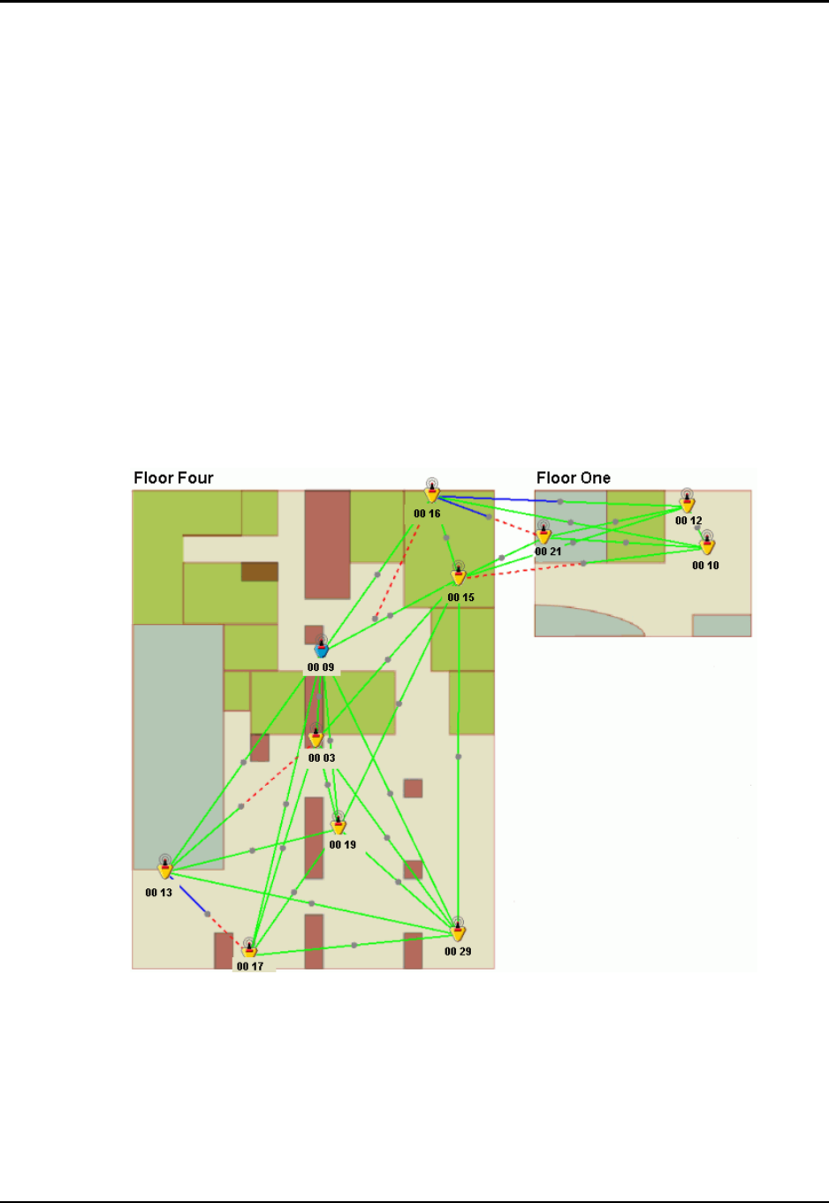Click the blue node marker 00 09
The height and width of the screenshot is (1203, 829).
(x=322, y=647)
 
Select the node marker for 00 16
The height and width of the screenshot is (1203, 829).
(x=432, y=491)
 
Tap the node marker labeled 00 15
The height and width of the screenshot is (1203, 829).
(x=458, y=575)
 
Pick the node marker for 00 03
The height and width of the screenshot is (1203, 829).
(x=316, y=738)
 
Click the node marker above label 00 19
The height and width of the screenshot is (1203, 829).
(x=338, y=825)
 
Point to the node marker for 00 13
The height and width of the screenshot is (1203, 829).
(x=164, y=869)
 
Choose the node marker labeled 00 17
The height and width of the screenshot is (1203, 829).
(x=250, y=949)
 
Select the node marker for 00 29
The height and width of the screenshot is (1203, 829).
(x=458, y=930)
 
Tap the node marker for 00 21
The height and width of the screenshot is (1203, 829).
(x=544, y=533)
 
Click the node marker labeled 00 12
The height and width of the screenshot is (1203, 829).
(x=687, y=502)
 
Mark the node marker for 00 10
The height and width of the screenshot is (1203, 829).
(x=707, y=544)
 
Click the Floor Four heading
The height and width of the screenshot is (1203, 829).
(x=173, y=478)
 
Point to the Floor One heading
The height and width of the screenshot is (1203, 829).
(x=573, y=478)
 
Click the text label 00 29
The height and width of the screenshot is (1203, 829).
(x=458, y=952)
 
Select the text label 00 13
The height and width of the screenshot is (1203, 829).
(x=159, y=893)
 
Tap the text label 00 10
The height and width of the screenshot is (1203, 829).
(x=705, y=566)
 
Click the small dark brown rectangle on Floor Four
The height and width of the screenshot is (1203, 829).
(x=260, y=572)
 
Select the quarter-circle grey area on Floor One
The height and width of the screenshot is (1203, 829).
(x=583, y=621)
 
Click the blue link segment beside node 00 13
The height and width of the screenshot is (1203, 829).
(x=194, y=900)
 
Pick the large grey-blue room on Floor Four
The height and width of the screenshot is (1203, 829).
(x=178, y=742)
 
